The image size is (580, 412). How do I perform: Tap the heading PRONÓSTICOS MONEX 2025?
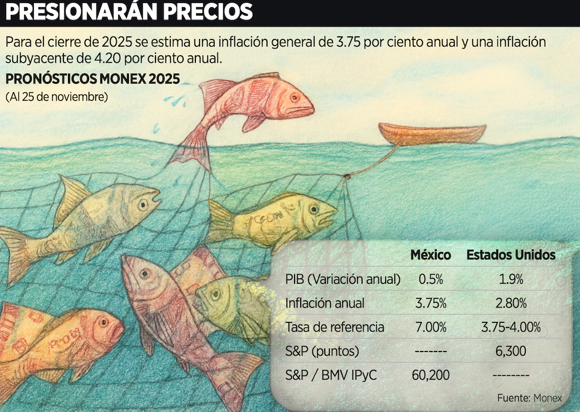click(x=92, y=79)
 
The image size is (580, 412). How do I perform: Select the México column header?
click(x=431, y=255)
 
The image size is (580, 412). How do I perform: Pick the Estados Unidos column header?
click(x=510, y=255)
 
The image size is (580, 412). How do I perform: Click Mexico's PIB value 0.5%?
click(x=430, y=279)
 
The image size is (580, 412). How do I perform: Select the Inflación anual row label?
click(x=325, y=303)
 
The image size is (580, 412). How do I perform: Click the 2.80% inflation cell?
click(x=510, y=303)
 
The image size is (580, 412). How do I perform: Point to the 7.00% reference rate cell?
click(x=430, y=327)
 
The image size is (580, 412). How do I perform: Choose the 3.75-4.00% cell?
click(x=510, y=327)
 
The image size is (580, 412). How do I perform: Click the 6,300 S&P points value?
click(x=510, y=352)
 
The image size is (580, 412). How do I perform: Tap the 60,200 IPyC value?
click(x=430, y=376)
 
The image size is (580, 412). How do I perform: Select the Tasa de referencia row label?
click(x=334, y=327)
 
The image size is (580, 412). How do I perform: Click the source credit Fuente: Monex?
click(x=529, y=398)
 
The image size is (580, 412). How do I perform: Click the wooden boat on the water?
click(x=432, y=134)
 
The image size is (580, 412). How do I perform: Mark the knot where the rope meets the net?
click(x=347, y=176)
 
